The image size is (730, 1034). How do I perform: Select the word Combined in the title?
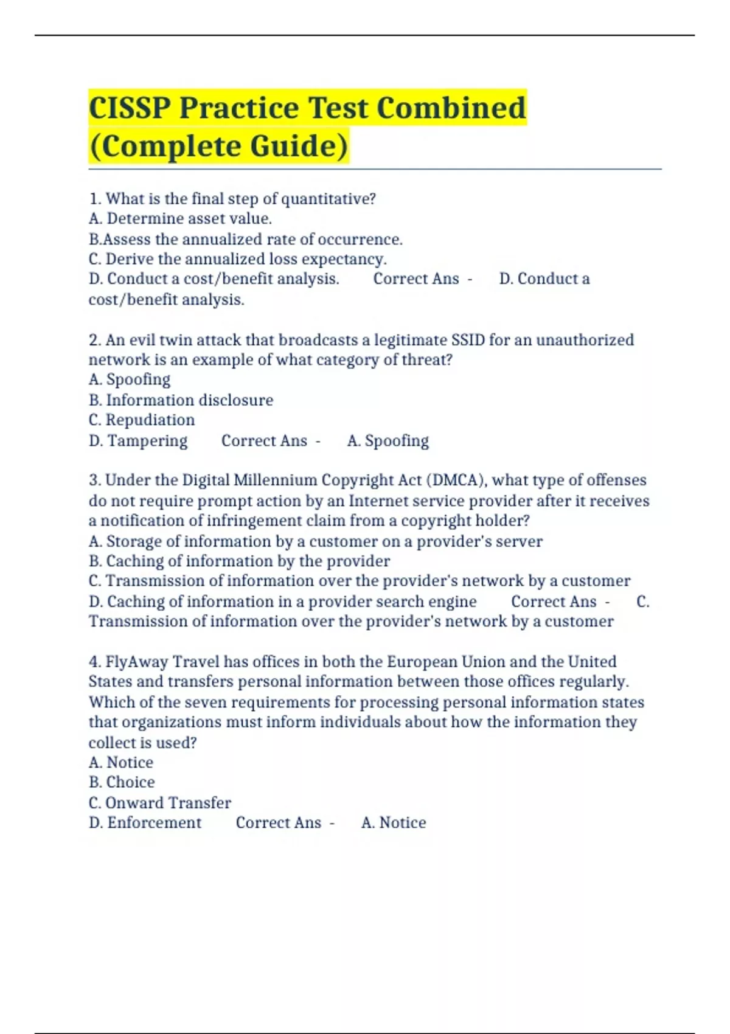[451, 108]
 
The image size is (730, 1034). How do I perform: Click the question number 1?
[94, 199]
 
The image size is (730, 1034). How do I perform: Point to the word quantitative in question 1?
[328, 199]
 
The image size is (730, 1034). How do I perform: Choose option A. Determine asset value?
[180, 218]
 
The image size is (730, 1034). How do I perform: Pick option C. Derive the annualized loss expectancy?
[237, 259]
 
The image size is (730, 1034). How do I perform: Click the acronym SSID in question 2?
[468, 339]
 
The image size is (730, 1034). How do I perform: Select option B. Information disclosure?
[181, 400]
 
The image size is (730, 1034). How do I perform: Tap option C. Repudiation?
[142, 420]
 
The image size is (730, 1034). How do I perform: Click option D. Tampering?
[138, 440]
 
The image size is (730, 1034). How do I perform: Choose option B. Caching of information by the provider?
[239, 561]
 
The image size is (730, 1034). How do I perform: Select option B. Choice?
[122, 782]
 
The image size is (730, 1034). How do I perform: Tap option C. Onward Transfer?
[159, 803]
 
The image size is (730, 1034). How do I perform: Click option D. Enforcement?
[145, 823]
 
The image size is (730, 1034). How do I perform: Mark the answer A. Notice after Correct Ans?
[394, 823]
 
